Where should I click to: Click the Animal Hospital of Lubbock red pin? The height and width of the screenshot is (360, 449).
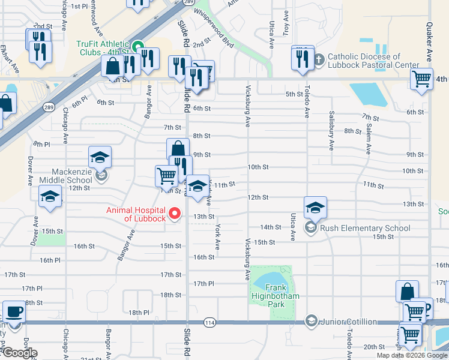[175, 213]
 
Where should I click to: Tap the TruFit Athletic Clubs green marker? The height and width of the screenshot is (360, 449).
[137, 46]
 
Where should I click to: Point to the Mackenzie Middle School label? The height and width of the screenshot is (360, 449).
[66, 175]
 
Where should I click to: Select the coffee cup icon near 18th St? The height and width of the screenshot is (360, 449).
[14, 312]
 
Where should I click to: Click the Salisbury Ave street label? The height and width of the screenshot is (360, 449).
[331, 130]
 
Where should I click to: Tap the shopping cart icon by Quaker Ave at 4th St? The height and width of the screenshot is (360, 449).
[422, 78]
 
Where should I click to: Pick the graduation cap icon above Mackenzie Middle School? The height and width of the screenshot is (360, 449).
[100, 158]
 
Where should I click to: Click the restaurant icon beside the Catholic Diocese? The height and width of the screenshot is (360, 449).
[303, 58]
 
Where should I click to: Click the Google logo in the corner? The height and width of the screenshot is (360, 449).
[19, 353]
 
